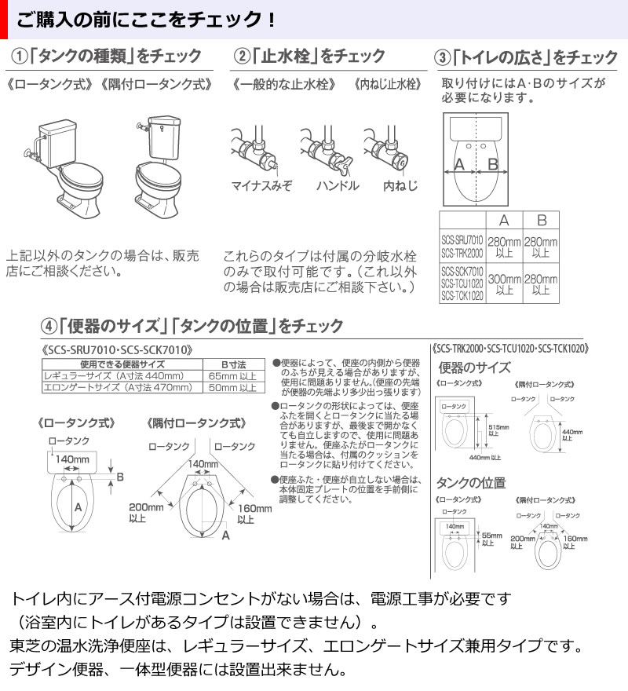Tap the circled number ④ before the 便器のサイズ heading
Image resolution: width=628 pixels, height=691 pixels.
(49, 324)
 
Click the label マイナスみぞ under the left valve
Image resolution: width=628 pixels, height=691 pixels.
(261, 186)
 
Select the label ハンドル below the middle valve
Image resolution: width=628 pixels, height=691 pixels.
(338, 186)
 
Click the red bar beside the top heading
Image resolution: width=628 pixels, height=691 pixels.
(3, 17)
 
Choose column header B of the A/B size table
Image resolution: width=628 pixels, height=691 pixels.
(541, 221)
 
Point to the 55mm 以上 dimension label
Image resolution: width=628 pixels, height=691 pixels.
(487, 537)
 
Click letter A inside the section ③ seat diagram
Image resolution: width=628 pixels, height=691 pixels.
(460, 163)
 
